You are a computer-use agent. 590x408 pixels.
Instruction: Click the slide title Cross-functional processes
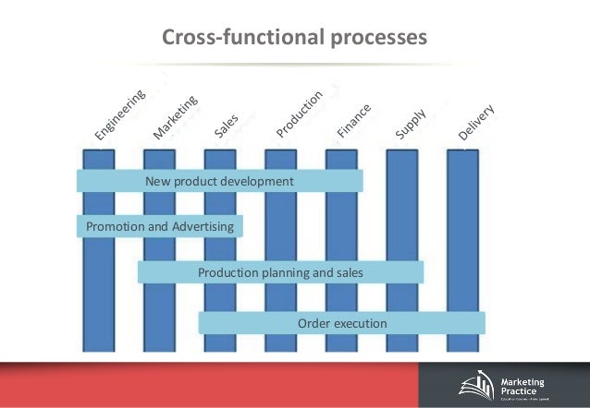294,38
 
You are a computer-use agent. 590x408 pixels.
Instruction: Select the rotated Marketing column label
176,116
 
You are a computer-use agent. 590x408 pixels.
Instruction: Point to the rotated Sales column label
227,126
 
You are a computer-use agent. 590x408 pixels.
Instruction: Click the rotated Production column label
300,114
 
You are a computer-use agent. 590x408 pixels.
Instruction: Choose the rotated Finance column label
353,121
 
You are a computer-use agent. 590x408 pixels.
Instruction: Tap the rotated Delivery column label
477,124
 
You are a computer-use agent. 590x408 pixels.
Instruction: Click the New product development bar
219,181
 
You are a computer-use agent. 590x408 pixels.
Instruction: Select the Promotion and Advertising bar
159,226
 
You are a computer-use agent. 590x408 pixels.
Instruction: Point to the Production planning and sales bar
280,272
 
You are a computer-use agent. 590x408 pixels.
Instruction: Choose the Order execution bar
341,323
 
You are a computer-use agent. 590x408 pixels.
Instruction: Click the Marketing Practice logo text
523,388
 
